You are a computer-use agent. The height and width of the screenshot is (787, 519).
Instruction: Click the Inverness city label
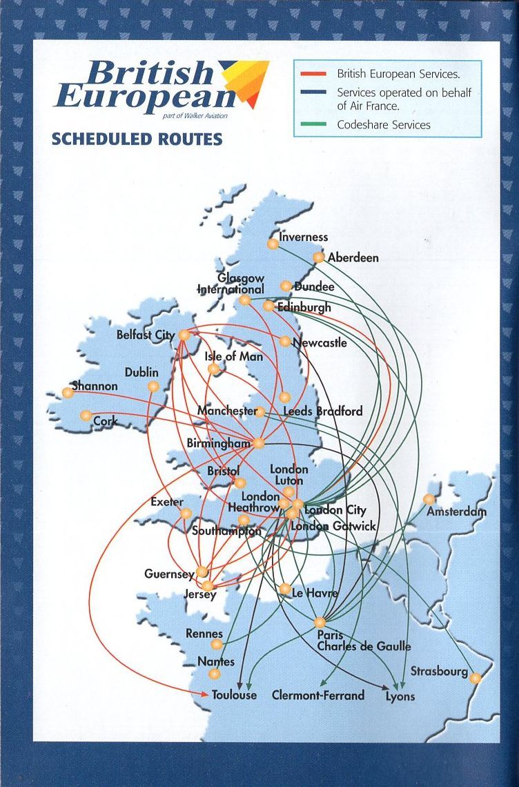[303, 237]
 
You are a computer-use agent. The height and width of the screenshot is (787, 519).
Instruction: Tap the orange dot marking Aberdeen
[319, 257]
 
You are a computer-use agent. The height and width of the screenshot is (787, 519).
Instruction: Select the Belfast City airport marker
[184, 335]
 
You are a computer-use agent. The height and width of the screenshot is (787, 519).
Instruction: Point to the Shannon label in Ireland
[95, 386]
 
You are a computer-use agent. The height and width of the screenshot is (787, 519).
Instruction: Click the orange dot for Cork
[86, 416]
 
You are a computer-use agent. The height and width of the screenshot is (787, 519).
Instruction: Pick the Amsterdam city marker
[429, 499]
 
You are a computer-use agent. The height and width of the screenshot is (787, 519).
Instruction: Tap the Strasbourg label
[439, 671]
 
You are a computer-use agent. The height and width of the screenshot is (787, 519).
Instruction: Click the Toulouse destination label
[234, 695]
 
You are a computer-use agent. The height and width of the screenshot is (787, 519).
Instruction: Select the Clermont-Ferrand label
[317, 695]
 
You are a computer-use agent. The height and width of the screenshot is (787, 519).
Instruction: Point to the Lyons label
[400, 696]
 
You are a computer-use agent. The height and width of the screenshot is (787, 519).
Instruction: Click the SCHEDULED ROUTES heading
[137, 139]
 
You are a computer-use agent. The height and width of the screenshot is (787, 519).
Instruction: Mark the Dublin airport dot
[153, 387]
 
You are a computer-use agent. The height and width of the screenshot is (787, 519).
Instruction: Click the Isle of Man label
[233, 357]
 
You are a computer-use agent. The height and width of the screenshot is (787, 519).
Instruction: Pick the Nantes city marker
[215, 674]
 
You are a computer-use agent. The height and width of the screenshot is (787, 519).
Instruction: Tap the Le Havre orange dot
[285, 589]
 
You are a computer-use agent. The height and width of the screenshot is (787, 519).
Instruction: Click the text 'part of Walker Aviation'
[195, 115]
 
